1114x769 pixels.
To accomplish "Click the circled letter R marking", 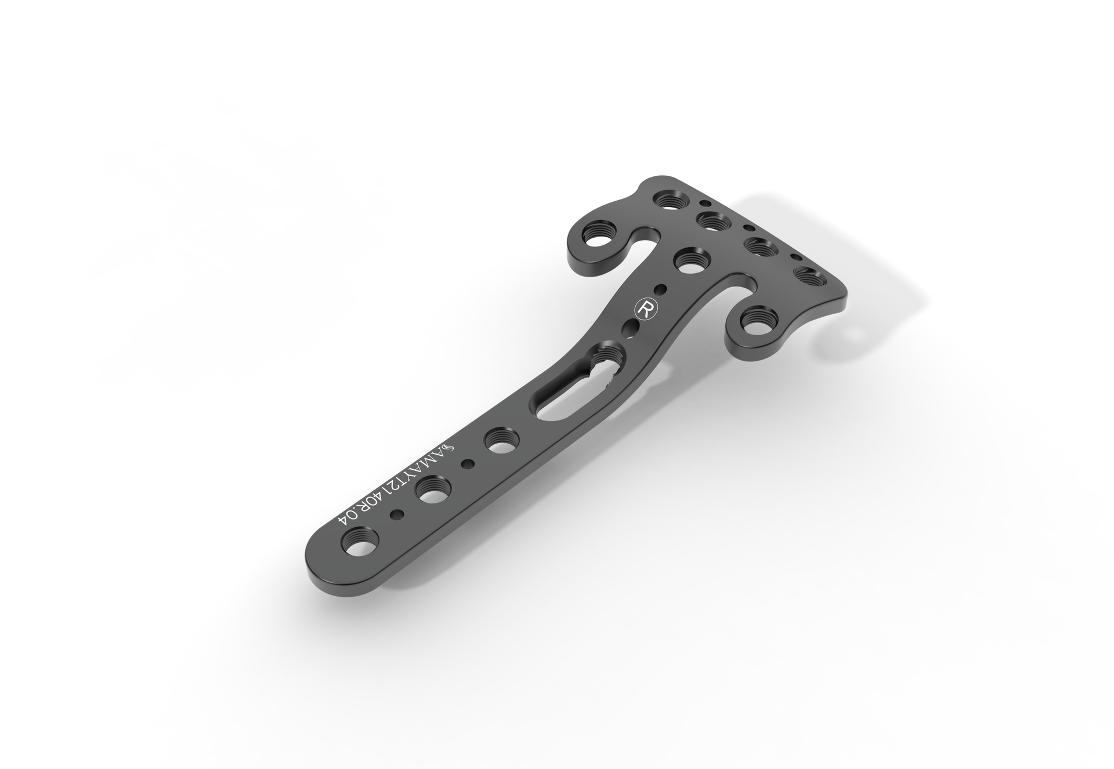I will pos(643,309).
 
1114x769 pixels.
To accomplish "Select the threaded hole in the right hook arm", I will pos(758,325).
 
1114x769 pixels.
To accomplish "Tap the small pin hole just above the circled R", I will pos(660,288).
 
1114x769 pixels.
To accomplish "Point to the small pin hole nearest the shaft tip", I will pos(397,514).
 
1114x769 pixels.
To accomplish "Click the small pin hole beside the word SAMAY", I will pos(466,463).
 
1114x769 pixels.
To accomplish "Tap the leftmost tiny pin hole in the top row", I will pos(706,204).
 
